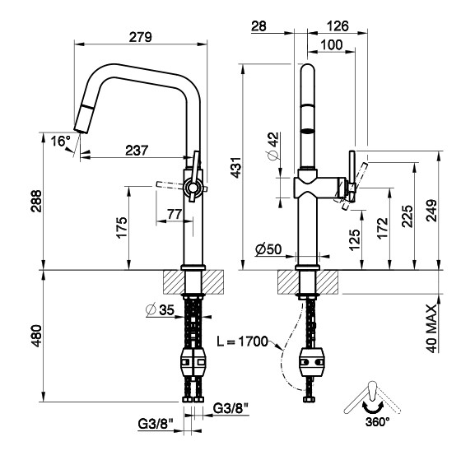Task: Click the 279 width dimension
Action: click(x=140, y=37)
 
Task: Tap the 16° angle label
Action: click(x=61, y=142)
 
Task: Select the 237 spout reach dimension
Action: click(x=137, y=151)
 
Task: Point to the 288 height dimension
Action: click(x=37, y=201)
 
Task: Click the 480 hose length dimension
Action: click(x=37, y=336)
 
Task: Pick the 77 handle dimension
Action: click(x=175, y=215)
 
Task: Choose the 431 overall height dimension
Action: click(x=236, y=168)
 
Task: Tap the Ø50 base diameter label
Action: click(x=268, y=249)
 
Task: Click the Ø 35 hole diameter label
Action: click(x=160, y=309)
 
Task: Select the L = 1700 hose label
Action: click(x=243, y=342)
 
